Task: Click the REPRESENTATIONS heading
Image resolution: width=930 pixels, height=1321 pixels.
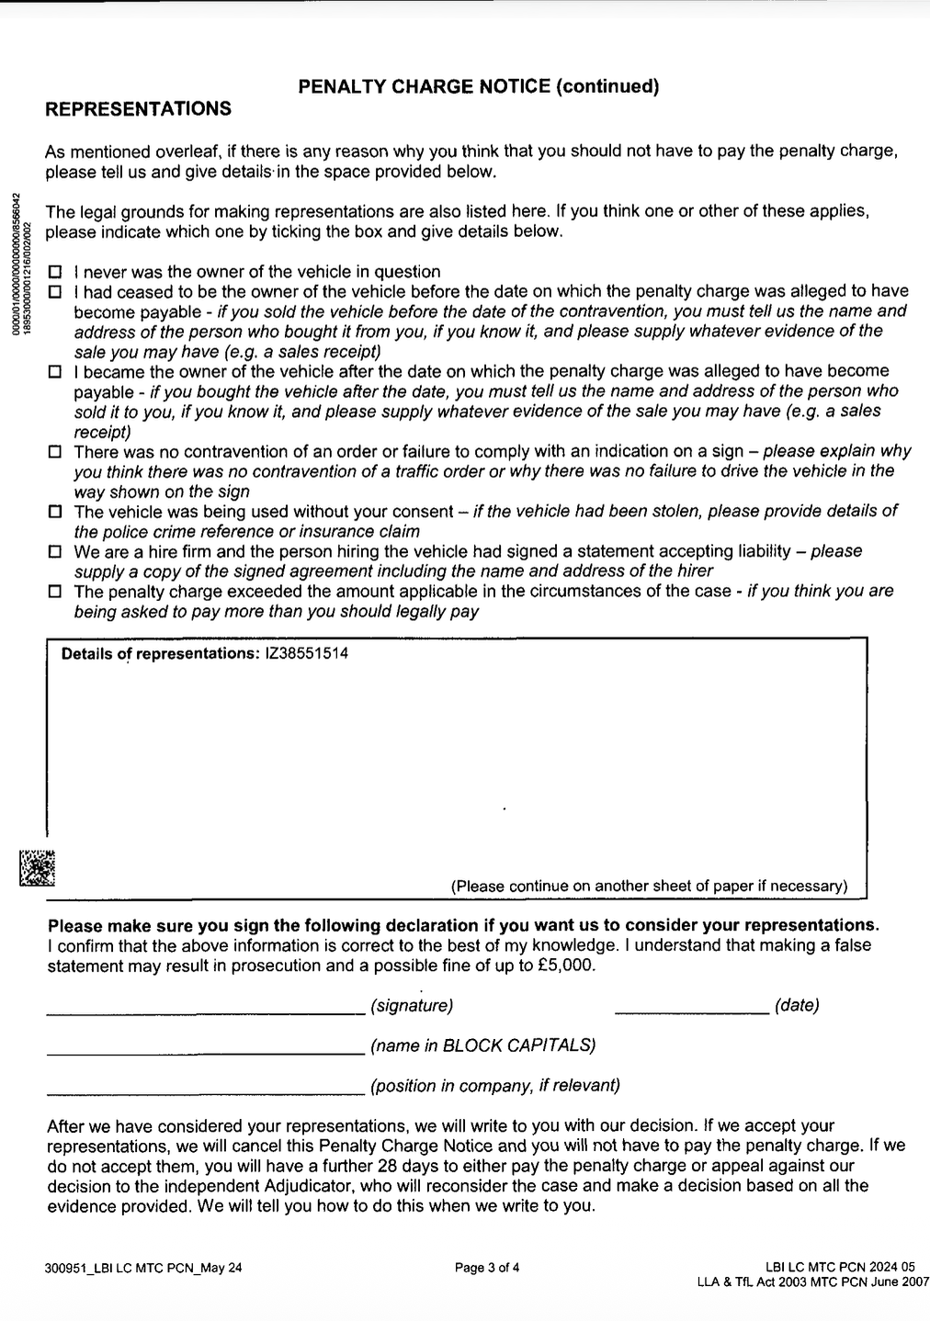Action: point(138,109)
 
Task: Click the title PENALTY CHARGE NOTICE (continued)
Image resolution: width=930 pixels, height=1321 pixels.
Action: point(479,86)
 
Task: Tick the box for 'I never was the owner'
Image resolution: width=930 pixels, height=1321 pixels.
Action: point(55,272)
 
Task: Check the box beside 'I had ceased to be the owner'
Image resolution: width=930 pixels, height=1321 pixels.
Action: point(55,292)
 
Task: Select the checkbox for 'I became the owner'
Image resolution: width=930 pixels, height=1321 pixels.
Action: point(55,372)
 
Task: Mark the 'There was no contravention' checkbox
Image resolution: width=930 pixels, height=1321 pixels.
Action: point(55,452)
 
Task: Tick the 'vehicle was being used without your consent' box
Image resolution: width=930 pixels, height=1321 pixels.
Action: point(55,512)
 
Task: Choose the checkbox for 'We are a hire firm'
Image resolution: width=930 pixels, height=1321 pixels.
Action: point(55,552)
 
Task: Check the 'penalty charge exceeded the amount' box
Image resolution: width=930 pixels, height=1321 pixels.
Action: point(55,592)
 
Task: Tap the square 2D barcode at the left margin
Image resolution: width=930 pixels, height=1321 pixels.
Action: point(38,867)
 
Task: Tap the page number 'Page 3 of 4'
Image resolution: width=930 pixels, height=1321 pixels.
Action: point(487,1269)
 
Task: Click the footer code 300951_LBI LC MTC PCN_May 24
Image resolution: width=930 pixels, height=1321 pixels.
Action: point(143,1269)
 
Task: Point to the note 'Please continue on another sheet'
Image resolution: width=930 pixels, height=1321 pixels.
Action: point(649,886)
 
